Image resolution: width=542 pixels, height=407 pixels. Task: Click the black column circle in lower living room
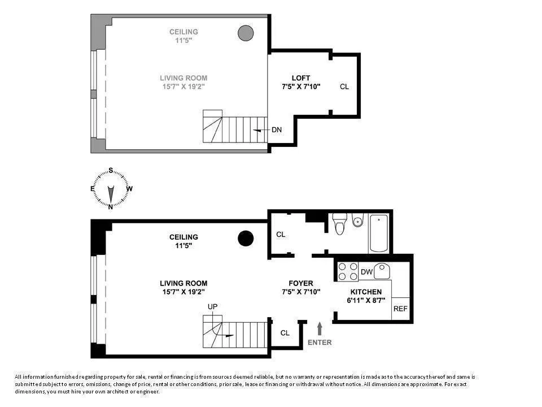click(x=245, y=239)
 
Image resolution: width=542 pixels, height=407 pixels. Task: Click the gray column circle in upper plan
click(x=245, y=33)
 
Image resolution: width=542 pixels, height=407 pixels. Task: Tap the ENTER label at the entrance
click(x=320, y=343)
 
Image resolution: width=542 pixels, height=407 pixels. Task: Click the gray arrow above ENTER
click(x=320, y=328)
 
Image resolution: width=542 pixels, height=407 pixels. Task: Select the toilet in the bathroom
click(x=339, y=224)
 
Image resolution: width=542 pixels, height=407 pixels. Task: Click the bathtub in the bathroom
click(x=378, y=233)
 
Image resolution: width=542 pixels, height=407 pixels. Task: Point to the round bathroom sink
click(x=357, y=222)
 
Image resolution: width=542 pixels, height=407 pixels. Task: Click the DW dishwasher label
click(x=366, y=272)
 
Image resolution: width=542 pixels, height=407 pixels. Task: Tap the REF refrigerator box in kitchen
click(x=400, y=309)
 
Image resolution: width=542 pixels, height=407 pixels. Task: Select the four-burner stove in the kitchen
click(x=347, y=272)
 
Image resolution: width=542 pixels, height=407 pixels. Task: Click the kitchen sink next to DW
click(x=383, y=271)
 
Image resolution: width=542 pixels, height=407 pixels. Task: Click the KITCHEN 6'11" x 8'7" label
click(x=366, y=296)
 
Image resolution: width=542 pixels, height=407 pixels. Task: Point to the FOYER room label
click(x=301, y=288)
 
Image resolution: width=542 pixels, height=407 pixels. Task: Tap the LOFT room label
click(x=301, y=82)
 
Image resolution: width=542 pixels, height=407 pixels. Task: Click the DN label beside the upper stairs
click(x=277, y=130)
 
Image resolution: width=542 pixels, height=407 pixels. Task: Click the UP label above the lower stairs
click(x=212, y=306)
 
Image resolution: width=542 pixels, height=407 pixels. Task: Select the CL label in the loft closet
click(x=344, y=87)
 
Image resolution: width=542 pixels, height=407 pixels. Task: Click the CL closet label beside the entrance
click(x=285, y=333)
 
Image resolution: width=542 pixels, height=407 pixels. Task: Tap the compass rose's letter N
click(x=111, y=206)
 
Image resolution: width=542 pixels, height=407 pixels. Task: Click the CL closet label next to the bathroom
click(x=281, y=234)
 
